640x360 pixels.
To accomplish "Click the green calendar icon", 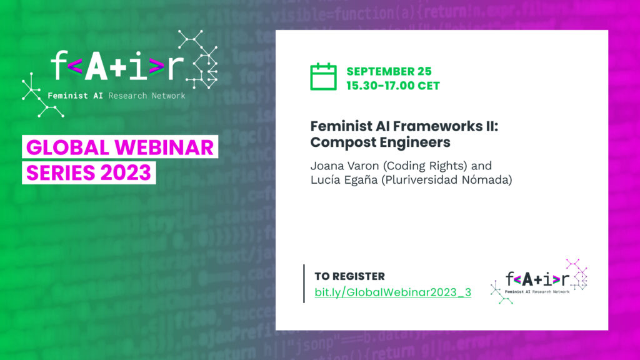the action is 323,77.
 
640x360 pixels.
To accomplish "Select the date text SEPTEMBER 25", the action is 389,71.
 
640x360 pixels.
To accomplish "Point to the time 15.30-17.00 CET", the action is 393,86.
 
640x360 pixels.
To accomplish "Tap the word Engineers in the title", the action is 415,142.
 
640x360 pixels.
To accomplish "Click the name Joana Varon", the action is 344,166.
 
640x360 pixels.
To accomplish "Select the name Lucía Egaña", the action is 344,179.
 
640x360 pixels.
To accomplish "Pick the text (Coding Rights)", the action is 425,166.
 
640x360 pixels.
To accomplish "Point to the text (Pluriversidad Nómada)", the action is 446,179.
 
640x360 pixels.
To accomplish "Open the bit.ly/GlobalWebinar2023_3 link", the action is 392,292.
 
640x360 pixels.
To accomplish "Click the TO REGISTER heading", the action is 350,276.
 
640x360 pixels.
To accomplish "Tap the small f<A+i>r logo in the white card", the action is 539,281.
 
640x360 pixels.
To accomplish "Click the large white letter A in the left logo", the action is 96,66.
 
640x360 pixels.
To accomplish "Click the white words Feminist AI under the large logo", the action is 75,96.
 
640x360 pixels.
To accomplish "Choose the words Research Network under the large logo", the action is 147,96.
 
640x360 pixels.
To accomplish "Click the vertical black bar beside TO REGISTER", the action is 304,284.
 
